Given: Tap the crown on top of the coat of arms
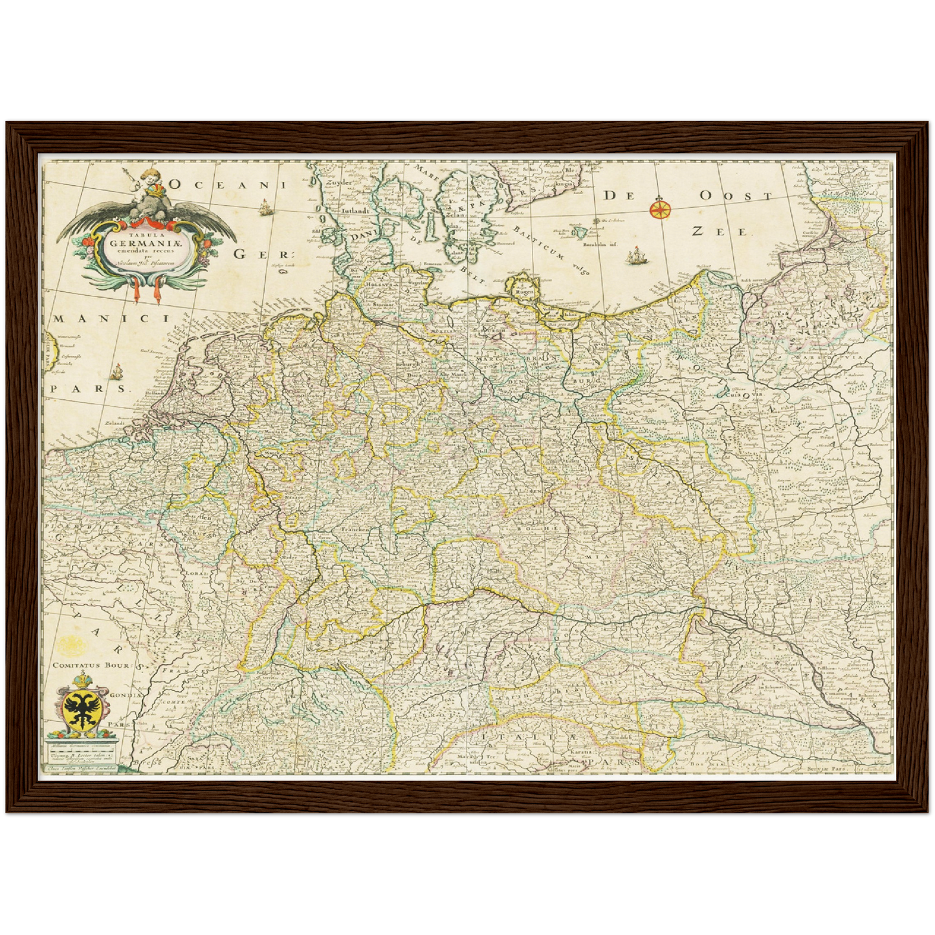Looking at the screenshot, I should coord(82,680).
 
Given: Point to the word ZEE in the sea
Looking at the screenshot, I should coord(719,231).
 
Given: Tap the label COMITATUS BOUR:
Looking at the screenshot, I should coord(93,665).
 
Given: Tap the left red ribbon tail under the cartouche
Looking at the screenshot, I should coord(137,291).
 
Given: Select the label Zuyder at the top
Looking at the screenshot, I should coord(342,183).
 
